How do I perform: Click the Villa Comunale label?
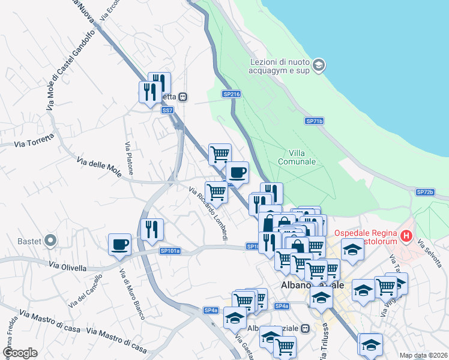coord(297,157)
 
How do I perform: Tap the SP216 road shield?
coord(231,94)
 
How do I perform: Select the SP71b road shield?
coord(314,121)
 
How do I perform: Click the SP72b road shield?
coord(424,192)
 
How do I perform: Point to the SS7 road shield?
coord(167,110)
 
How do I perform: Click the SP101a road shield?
coord(170,251)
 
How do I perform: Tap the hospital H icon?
coord(407,236)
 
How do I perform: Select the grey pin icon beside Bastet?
coord(50,241)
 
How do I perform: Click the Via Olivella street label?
coord(67,266)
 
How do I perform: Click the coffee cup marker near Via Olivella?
coord(119,245)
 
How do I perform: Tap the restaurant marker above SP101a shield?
coord(151,229)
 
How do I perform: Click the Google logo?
coord(20,353)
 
